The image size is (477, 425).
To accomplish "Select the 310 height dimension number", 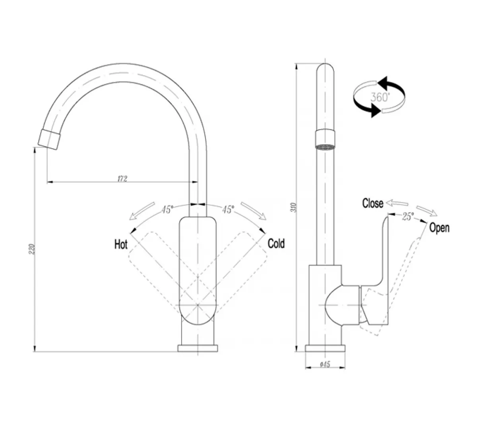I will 294,208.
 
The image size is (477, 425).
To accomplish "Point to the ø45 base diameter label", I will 325,364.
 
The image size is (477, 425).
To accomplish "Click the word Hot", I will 121,244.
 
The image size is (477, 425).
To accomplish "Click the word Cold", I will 276,243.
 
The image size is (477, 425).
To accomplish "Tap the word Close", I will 372,204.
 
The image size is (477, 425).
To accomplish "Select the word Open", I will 439,228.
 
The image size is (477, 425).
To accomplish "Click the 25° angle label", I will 407,216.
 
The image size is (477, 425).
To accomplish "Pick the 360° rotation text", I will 380,97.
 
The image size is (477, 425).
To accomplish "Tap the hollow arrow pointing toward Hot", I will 142,211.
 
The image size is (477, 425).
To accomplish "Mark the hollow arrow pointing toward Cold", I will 253,211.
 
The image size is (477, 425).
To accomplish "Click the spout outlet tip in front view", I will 50,138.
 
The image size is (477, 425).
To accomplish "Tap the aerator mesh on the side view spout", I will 326,147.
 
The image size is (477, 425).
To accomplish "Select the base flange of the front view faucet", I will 198,348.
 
